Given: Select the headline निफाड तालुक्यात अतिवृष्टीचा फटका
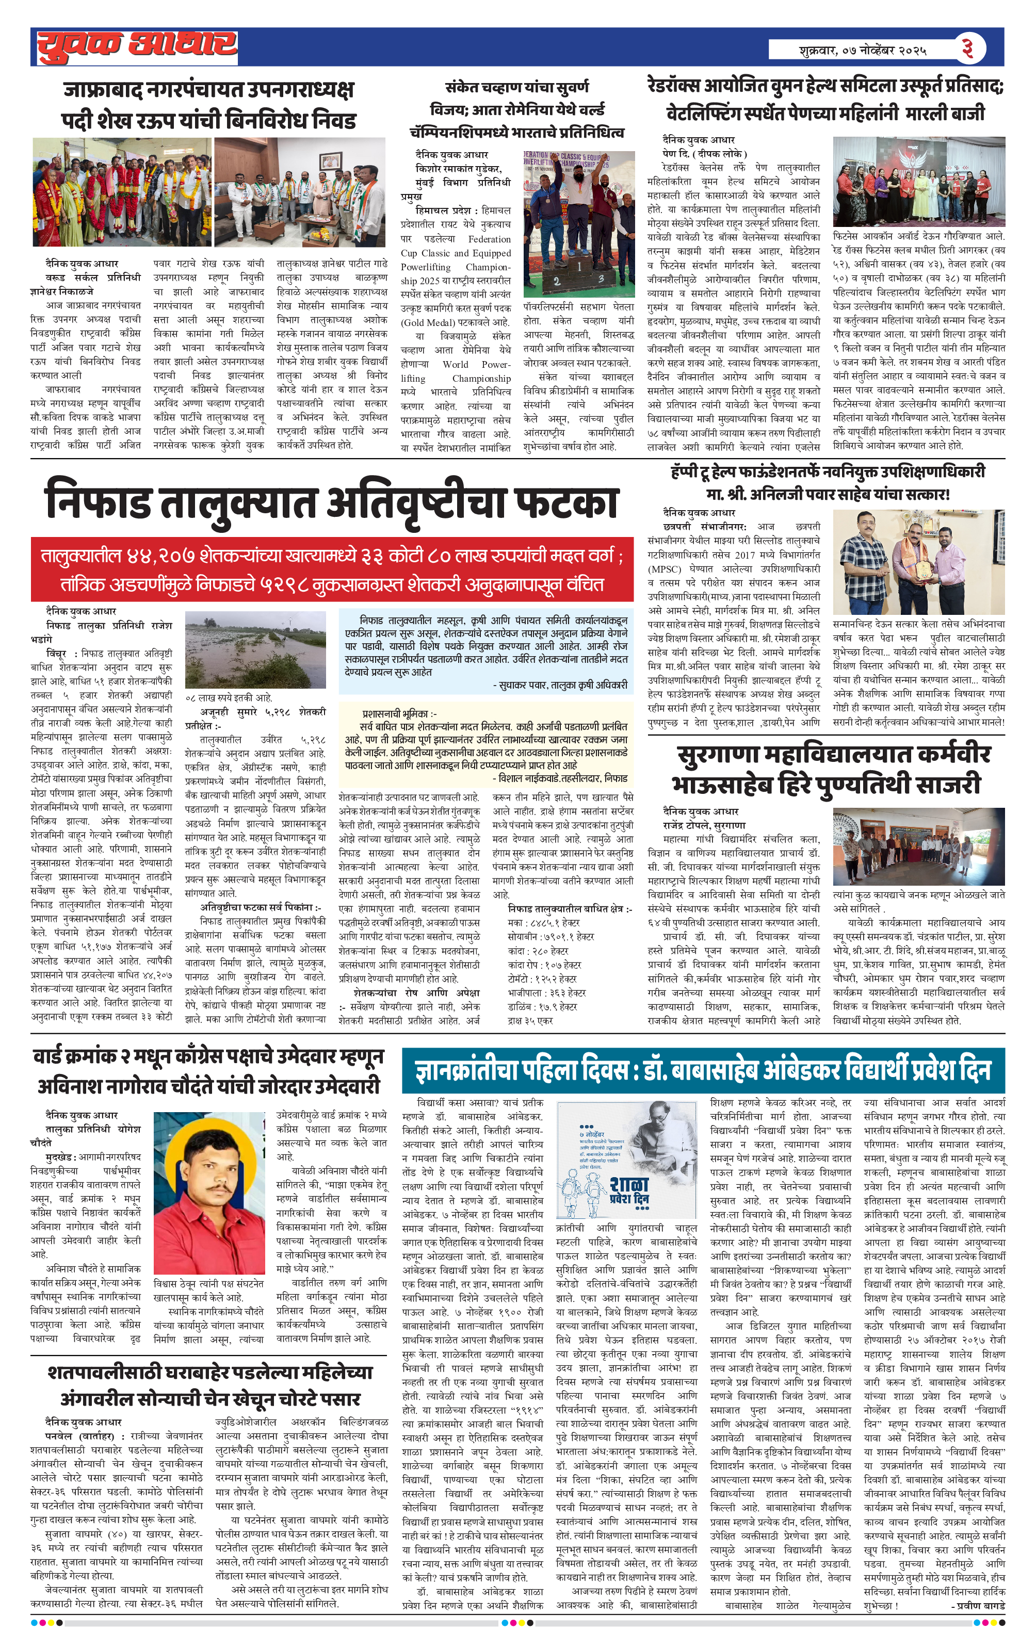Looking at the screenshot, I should tap(331, 501).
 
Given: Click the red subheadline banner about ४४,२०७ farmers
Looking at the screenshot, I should tap(331, 569).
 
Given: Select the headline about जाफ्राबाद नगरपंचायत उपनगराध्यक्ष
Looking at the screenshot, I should tap(208, 105).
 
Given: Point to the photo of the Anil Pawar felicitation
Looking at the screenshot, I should tap(918, 562).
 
